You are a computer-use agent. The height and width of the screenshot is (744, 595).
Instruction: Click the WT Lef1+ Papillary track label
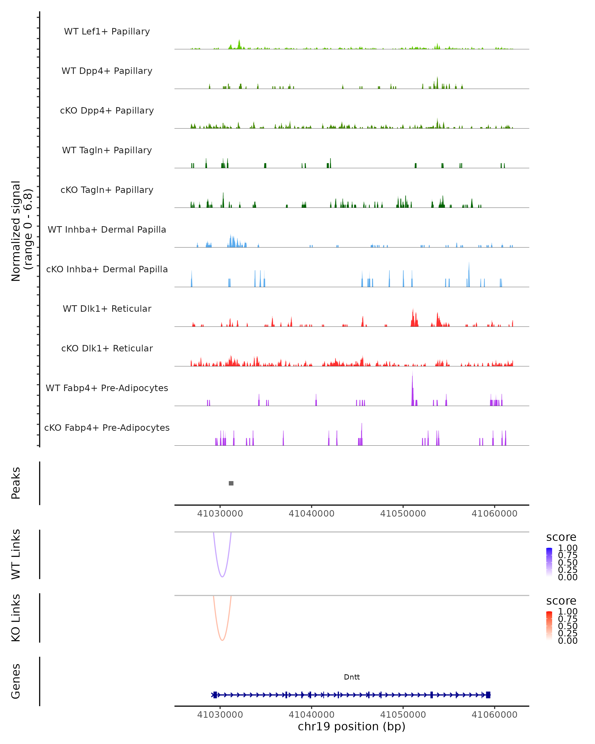[x=107, y=31]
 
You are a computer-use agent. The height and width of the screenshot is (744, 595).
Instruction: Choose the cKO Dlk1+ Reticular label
[x=107, y=348]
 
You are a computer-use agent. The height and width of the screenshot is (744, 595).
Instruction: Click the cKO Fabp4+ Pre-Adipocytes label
[x=107, y=428]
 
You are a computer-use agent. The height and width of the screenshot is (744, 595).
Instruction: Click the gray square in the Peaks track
[x=231, y=483]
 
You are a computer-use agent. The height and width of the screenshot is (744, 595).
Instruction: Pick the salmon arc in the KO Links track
[x=222, y=639]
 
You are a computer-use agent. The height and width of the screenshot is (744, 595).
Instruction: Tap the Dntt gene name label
[x=352, y=677]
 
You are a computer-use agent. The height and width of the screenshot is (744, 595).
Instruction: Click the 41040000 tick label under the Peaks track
[x=311, y=514]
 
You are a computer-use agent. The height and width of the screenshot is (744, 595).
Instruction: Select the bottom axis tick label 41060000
[x=494, y=715]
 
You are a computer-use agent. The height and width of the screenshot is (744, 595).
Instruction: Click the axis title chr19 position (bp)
[x=352, y=726]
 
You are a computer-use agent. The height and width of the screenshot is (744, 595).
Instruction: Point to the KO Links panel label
[x=16, y=618]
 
